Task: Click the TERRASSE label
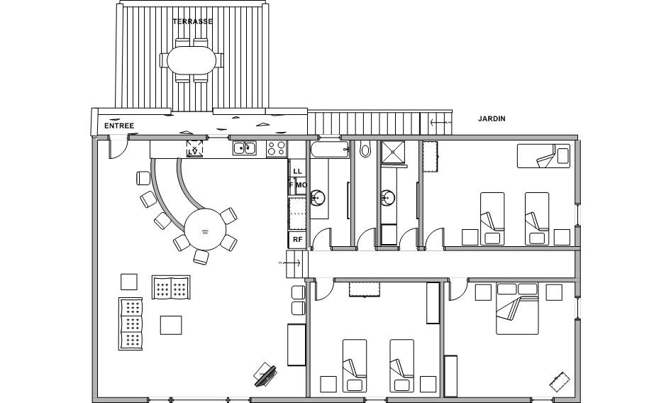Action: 192,21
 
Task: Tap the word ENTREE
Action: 119,126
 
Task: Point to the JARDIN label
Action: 492,118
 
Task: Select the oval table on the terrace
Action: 192,60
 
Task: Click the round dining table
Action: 205,230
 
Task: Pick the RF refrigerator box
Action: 297,240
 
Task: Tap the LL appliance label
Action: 297,171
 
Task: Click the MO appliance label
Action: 301,185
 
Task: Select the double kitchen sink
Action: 244,148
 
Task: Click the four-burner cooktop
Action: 277,148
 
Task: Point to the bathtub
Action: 330,150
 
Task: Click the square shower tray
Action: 393,153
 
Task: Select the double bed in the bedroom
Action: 517,309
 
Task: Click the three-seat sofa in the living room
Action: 131,324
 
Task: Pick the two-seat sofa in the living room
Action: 171,287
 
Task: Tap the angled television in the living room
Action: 265,375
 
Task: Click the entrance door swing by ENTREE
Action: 118,147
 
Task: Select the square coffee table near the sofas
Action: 171,325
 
